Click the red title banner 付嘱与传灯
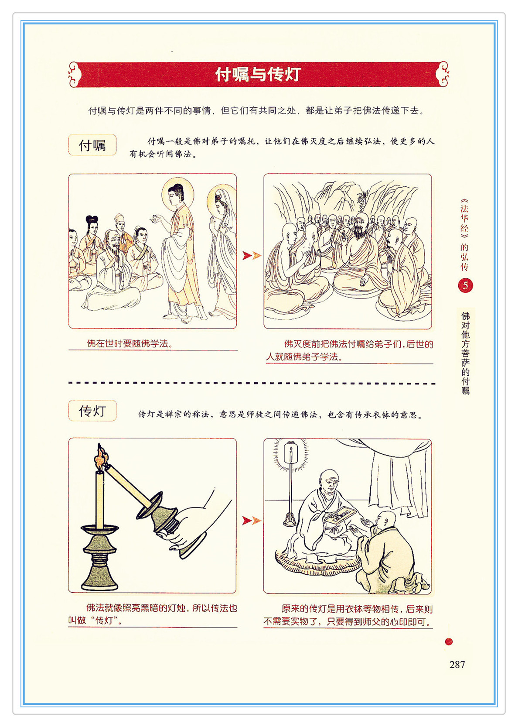(259, 74)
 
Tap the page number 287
(457, 664)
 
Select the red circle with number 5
(465, 285)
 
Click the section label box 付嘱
(92, 145)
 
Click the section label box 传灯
(92, 411)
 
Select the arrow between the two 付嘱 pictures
(252, 256)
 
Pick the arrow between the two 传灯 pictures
(252, 521)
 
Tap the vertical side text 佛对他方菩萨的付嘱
(465, 353)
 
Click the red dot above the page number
(449, 641)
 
